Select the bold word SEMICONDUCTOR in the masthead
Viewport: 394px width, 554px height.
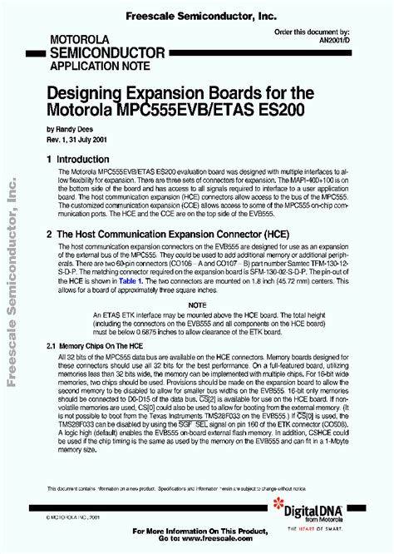pyautogui.click(x=96, y=52)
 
